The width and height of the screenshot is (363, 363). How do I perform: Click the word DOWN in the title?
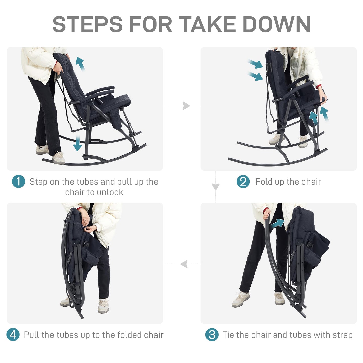coord(277,24)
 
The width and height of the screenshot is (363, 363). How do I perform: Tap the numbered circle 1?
coord(18,181)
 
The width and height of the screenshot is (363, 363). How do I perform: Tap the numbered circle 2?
coord(243,181)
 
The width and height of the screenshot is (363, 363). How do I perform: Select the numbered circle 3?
coord(212,335)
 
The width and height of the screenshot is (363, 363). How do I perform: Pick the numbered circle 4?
coord(13,335)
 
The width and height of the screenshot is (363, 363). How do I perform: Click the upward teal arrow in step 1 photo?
coord(80,64)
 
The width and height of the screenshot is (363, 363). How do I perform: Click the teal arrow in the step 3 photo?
coord(277,224)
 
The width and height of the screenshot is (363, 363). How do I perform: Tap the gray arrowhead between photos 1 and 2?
coord(186,106)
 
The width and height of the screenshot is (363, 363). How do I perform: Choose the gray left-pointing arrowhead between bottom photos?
coord(184,264)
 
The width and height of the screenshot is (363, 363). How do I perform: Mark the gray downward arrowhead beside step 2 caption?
coord(216,187)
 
